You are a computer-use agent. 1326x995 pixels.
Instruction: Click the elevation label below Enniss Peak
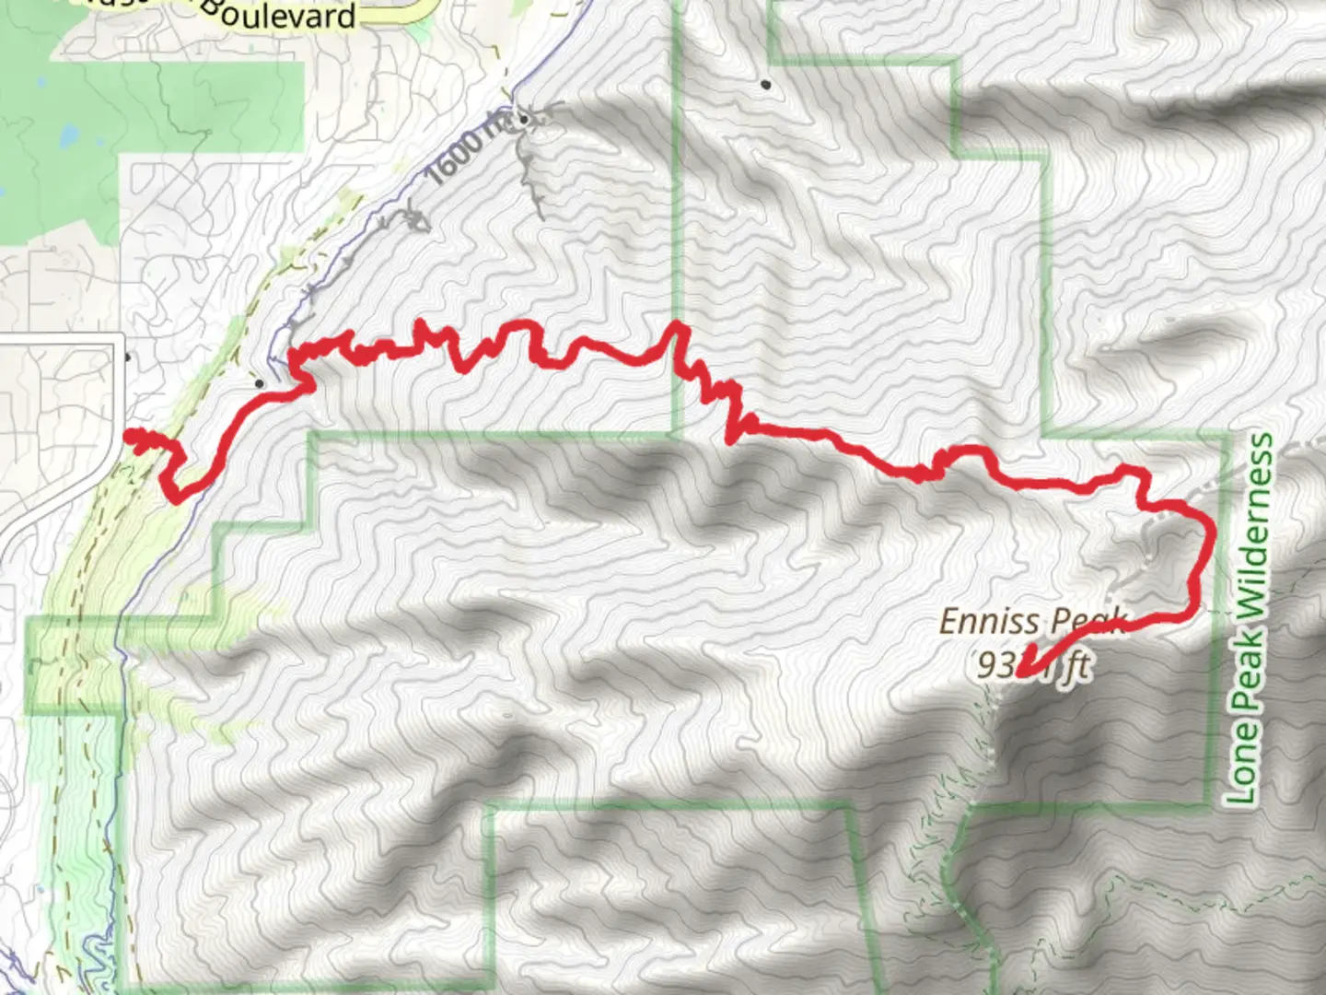pos(1034,663)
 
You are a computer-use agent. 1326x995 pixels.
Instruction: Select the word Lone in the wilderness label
pos(1242,765)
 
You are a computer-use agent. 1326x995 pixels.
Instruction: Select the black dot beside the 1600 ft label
pos(523,120)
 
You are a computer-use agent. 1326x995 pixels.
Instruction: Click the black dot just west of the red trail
pos(259,381)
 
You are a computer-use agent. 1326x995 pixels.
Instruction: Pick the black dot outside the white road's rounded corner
pos(127,357)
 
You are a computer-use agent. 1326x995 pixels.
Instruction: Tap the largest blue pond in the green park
pos(66,138)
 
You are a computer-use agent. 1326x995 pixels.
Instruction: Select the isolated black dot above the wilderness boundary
pos(766,85)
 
